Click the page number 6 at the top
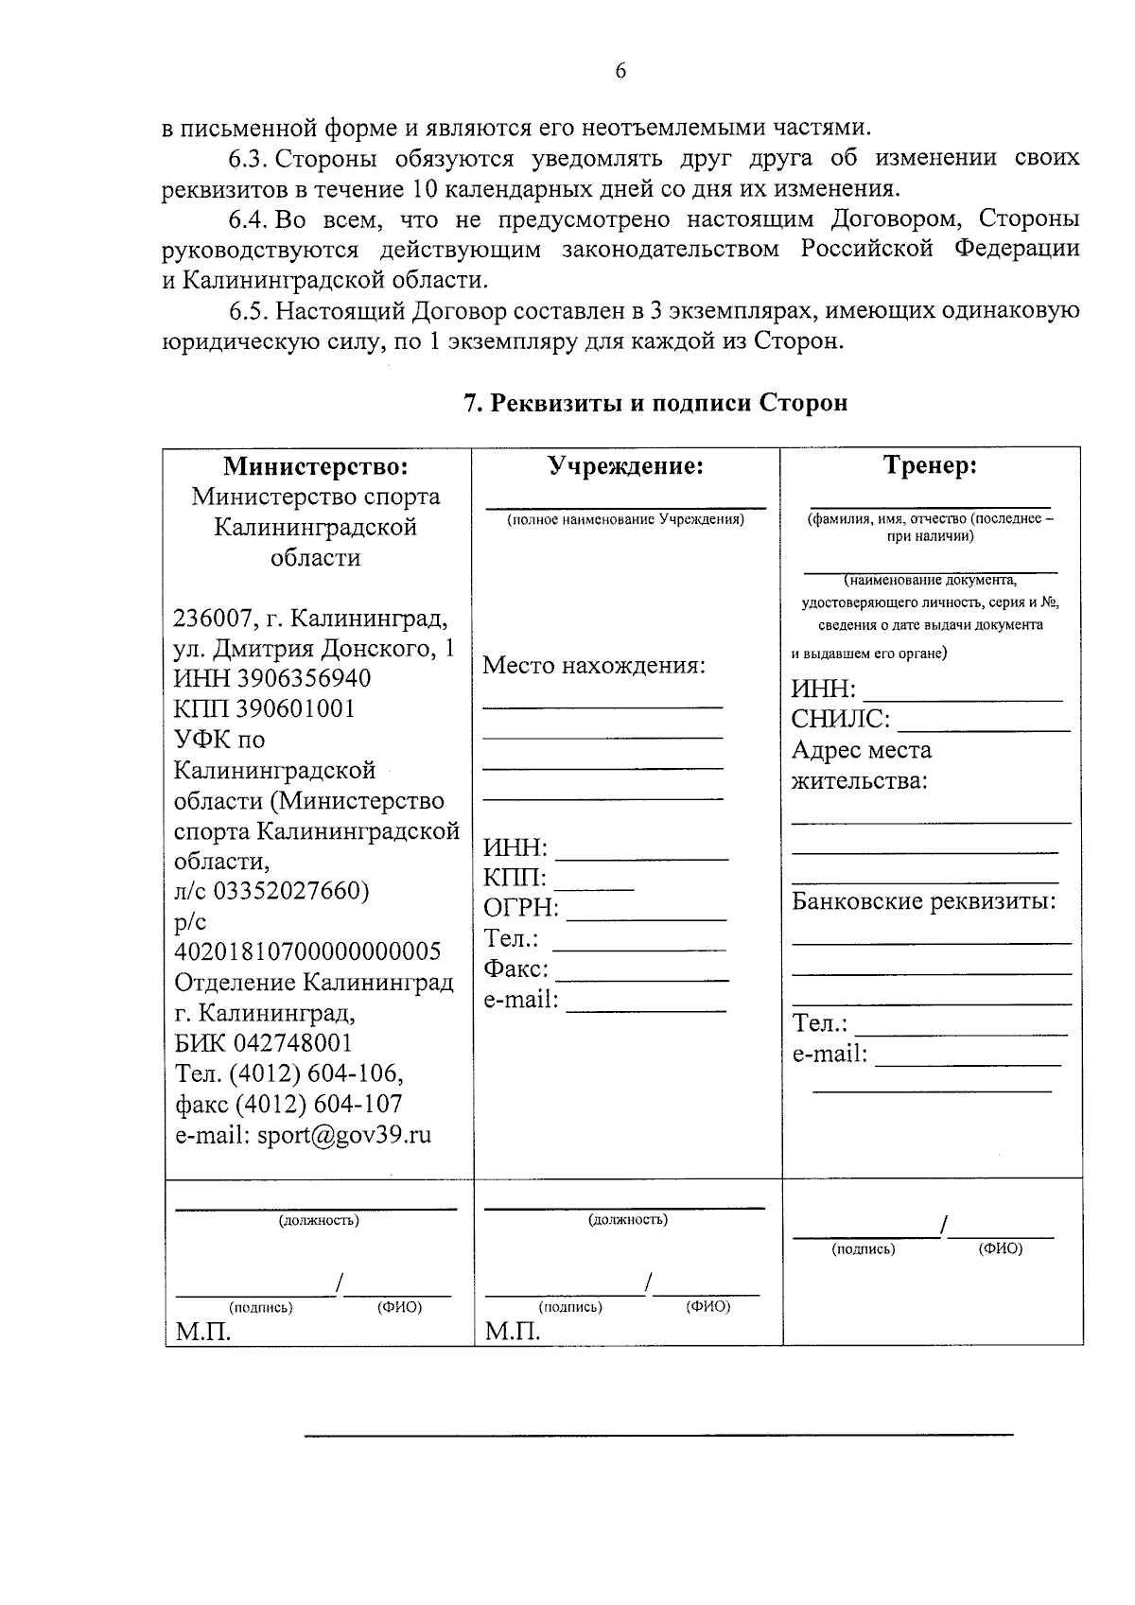click(620, 71)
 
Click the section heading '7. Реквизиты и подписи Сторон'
click(655, 403)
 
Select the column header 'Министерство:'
click(316, 466)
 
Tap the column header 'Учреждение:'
click(626, 466)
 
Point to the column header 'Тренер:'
click(930, 465)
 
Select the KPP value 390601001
click(295, 709)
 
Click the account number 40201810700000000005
click(307, 951)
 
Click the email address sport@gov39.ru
click(343, 1135)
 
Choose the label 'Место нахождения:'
click(594, 665)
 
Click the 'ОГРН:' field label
click(521, 909)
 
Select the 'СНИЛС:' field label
click(840, 720)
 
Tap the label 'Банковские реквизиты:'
click(923, 900)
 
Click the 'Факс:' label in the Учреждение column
click(516, 969)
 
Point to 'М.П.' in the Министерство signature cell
click(202, 1332)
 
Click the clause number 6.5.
click(250, 311)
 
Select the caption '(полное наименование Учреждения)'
click(625, 520)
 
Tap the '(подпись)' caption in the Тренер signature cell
click(863, 1249)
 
